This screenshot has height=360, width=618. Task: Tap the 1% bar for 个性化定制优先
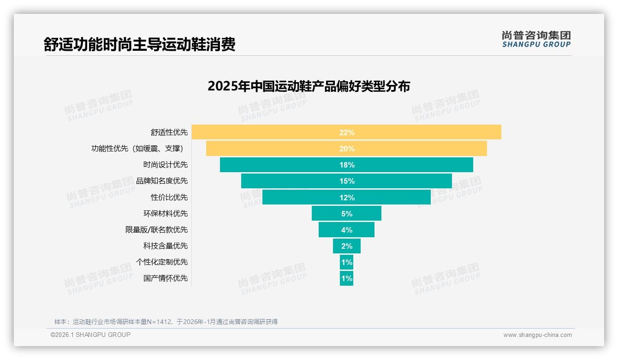(x=346, y=262)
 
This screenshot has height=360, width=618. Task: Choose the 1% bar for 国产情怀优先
(x=346, y=278)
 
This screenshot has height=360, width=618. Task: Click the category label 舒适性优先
(x=169, y=132)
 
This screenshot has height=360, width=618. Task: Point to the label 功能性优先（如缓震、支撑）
(x=137, y=149)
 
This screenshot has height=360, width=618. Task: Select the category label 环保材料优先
(x=166, y=214)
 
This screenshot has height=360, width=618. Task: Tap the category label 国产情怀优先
(x=166, y=278)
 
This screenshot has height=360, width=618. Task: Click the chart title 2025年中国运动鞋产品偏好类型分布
(x=309, y=86)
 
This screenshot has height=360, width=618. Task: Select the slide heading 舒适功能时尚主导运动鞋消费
(x=139, y=44)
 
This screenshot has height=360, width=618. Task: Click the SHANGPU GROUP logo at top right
(x=536, y=39)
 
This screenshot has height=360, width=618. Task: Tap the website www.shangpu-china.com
(x=537, y=335)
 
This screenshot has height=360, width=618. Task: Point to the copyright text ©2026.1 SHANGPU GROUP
(x=90, y=335)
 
